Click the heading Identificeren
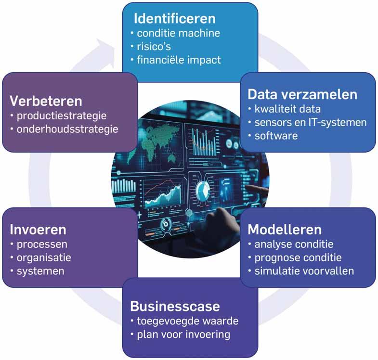coord(174,19)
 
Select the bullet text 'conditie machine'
coord(178,34)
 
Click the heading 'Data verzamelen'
coord(303,94)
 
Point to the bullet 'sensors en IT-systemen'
coord(311,122)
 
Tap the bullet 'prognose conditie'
coord(301,257)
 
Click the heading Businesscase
coord(175,306)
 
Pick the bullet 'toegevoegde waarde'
coord(188,321)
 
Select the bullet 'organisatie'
coord(43,257)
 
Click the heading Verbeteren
coord(45,102)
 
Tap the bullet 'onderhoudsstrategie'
coord(67,129)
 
